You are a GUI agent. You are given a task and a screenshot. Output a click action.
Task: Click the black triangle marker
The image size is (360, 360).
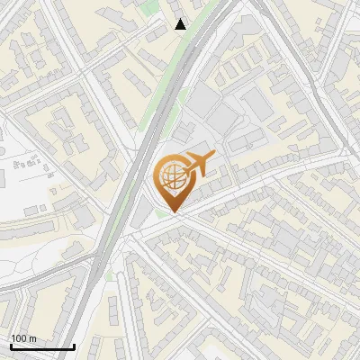[181, 24]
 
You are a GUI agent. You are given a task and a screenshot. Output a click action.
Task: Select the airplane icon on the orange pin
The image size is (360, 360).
[198, 166]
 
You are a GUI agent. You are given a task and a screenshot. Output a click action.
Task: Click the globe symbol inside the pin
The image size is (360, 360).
[171, 177]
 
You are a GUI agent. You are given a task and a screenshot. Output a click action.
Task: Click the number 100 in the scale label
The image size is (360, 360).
[20, 338]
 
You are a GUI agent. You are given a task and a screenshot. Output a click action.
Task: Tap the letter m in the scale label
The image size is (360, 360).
[32, 338]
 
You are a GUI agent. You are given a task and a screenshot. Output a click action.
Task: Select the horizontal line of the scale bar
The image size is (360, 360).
[42, 346]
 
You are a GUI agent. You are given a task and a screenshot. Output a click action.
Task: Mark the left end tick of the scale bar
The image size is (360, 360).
[11, 345]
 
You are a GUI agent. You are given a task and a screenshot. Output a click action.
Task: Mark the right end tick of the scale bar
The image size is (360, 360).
[74, 345]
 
